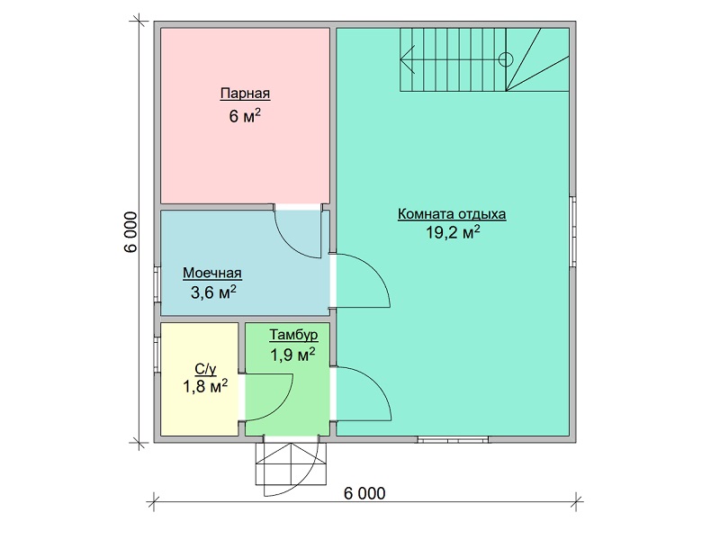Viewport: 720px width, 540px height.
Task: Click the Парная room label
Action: (245, 94)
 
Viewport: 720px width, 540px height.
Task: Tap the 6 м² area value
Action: (245, 116)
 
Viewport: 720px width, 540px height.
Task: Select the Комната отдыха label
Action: (452, 214)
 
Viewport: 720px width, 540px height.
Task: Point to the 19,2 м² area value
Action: (453, 232)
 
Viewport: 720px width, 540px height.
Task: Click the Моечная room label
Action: (212, 273)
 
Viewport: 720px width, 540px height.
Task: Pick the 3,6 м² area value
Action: (213, 292)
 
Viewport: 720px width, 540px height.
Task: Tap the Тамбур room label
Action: (293, 335)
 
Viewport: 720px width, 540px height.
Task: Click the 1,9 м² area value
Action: (292, 355)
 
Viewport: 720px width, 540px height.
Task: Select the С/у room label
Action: (205, 369)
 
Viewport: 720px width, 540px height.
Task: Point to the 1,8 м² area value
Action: (205, 387)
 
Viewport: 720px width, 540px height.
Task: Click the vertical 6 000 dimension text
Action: (130, 232)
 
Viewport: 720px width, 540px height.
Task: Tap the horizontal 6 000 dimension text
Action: (364, 493)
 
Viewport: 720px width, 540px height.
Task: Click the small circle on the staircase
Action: (506, 59)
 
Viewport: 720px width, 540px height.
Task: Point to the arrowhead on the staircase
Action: (408, 59)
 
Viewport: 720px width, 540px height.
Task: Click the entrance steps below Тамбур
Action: (291, 463)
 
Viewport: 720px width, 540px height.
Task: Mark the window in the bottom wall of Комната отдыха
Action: (453, 439)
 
